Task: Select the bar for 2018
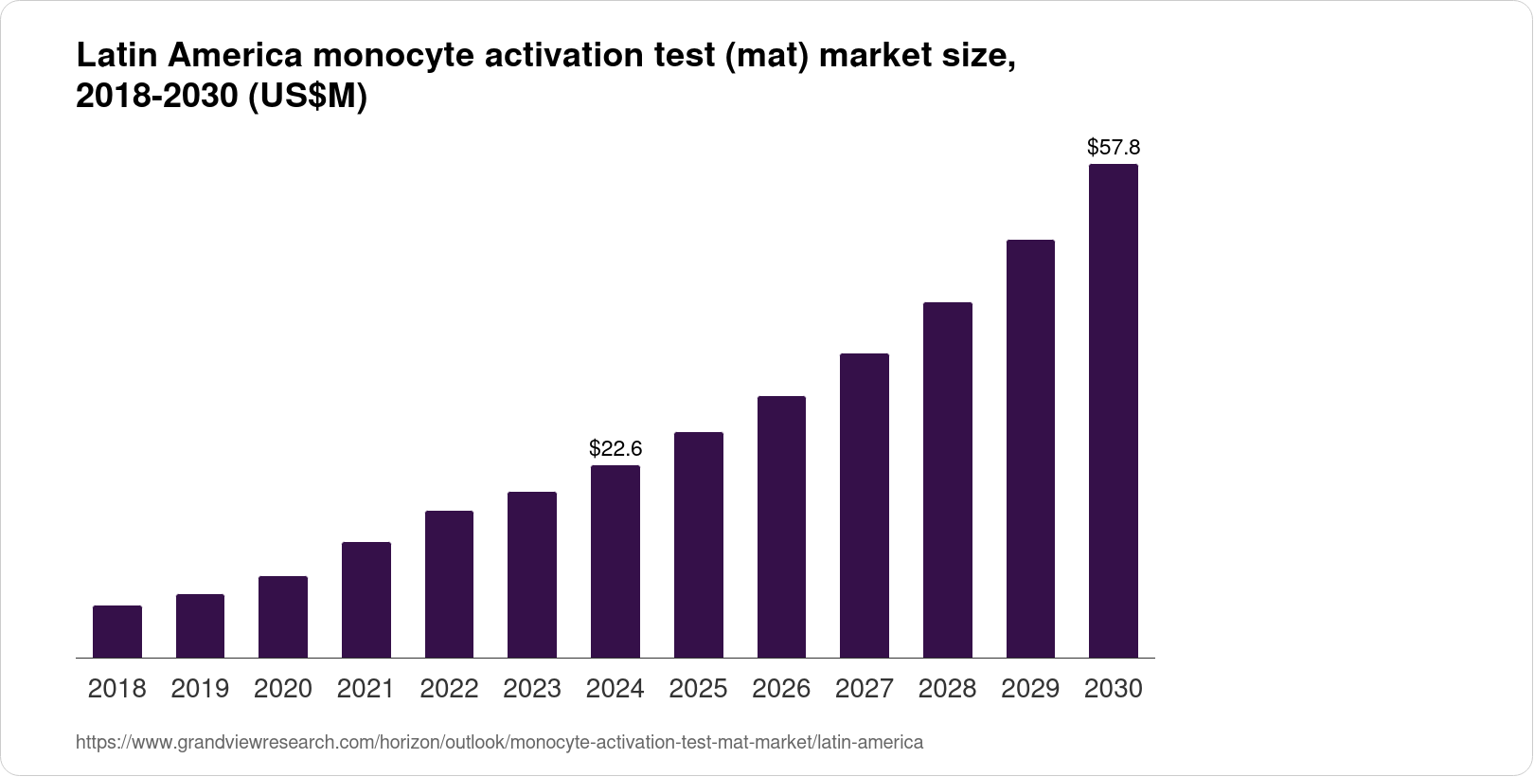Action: coord(117,631)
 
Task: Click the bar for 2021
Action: coord(366,600)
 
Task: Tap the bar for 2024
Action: coord(615,561)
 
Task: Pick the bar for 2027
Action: coord(865,505)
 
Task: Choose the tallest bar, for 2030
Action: coord(1114,410)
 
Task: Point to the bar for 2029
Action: coord(1030,448)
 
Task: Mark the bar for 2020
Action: coord(283,617)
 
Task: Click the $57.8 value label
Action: coord(1114,147)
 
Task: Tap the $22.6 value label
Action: coord(615,447)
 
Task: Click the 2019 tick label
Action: coord(200,689)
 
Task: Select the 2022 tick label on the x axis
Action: coord(449,689)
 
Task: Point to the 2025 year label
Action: coord(698,689)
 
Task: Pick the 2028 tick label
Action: coord(947,689)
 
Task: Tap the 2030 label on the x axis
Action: coord(1114,689)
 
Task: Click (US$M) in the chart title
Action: coord(307,97)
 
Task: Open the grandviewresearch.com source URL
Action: coord(499,743)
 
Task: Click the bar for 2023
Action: coord(532,574)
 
